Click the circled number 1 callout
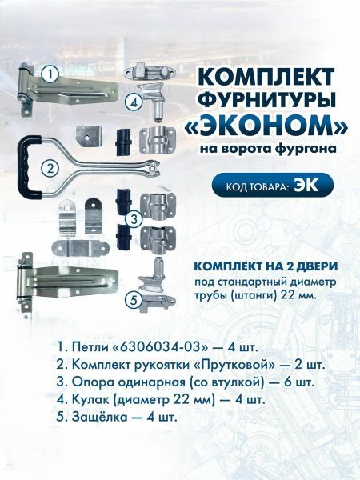[x=50, y=74]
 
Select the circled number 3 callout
[x=134, y=218]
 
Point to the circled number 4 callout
[x=134, y=102]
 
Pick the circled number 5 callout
[x=134, y=300]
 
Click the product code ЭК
[x=306, y=186]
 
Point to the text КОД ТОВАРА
[x=258, y=186]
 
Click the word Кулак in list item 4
[x=90, y=400]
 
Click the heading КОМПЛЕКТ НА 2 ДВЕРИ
[x=266, y=266]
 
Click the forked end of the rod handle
[x=154, y=168]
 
